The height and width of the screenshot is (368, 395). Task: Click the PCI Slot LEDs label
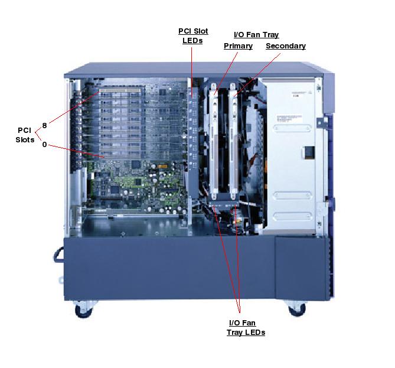(193, 36)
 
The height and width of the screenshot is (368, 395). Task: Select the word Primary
(238, 46)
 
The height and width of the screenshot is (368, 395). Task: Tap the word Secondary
(286, 46)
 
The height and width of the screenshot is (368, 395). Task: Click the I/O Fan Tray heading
(256, 35)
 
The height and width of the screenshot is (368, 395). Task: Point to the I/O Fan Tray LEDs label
(246, 328)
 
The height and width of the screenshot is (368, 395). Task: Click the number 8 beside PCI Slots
(45, 126)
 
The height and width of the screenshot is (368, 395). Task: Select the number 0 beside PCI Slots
(45, 145)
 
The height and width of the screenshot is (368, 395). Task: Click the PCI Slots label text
(25, 135)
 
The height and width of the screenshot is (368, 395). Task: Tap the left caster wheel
(84, 310)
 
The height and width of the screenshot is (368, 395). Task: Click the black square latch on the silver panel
(309, 153)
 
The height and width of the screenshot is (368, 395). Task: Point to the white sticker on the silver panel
(289, 119)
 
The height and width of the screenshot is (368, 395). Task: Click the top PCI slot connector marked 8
(120, 90)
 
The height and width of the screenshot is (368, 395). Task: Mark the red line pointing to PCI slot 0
(76, 151)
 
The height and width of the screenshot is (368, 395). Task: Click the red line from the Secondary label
(257, 75)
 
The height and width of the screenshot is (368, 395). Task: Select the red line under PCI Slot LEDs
(192, 72)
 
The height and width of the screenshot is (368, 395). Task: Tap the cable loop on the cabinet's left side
(58, 255)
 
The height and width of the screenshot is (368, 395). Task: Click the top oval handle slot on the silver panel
(292, 128)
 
